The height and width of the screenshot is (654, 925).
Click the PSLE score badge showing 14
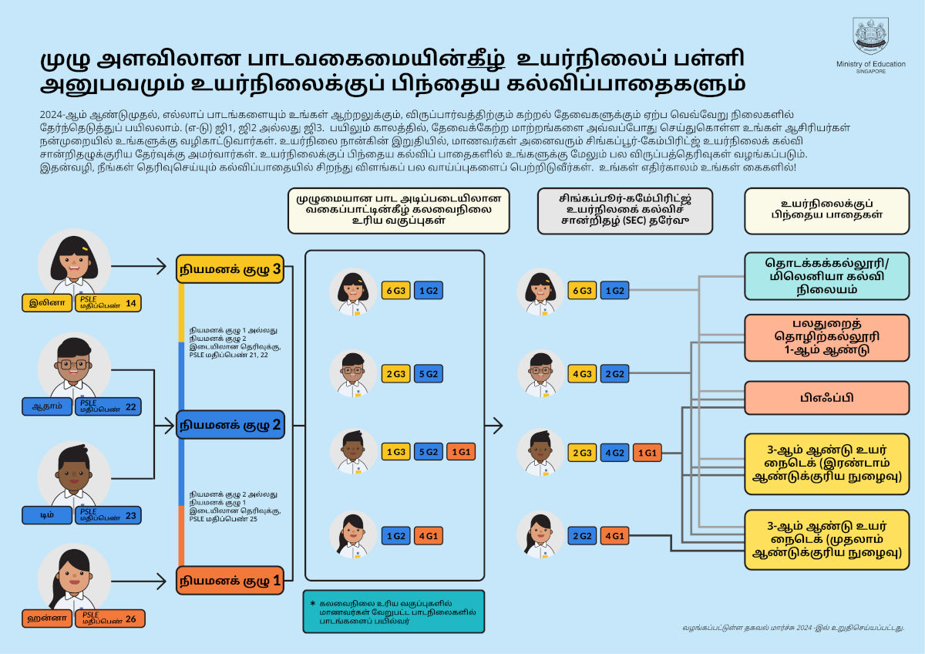(108, 303)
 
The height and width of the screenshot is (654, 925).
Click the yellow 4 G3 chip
(582, 374)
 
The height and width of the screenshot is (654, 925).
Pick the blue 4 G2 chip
(614, 453)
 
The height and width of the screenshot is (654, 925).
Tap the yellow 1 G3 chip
(395, 453)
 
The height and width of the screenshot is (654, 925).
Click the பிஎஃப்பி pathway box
(826, 398)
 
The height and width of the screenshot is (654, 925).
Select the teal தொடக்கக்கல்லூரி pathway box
(826, 276)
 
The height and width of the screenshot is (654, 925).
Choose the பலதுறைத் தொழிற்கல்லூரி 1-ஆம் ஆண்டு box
(826, 337)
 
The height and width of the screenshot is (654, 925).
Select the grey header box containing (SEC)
(625, 211)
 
